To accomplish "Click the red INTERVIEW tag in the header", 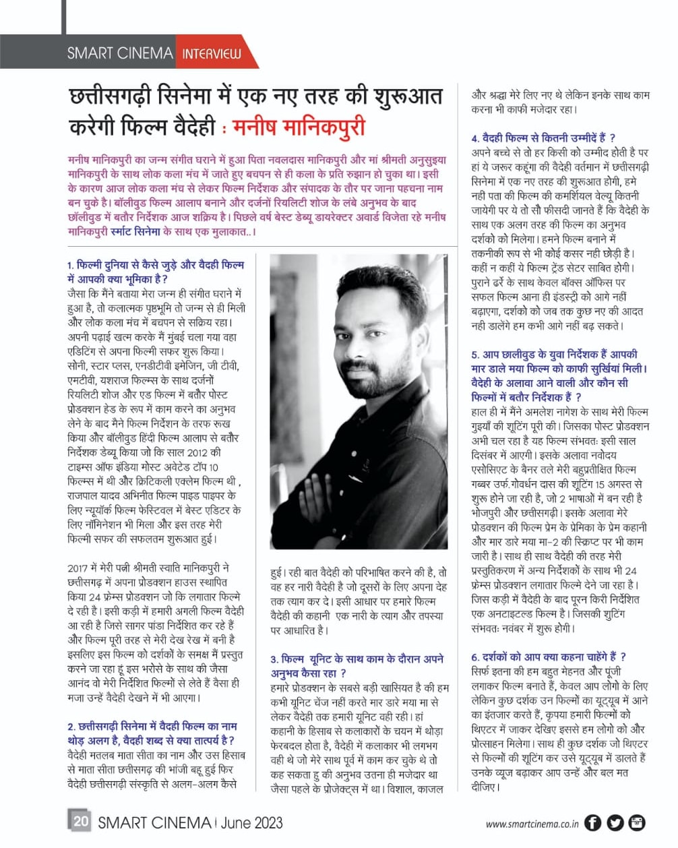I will click(211, 53).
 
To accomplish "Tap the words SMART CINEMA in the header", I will click(120, 53).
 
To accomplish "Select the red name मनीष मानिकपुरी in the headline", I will click(298, 127).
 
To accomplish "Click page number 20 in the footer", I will click(80, 821).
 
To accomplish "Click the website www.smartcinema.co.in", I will click(532, 823).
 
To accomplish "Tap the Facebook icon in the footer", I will click(592, 822).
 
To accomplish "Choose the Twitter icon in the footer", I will click(615, 822).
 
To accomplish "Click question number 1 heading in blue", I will click(156, 272).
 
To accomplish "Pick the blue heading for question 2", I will click(152, 733).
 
